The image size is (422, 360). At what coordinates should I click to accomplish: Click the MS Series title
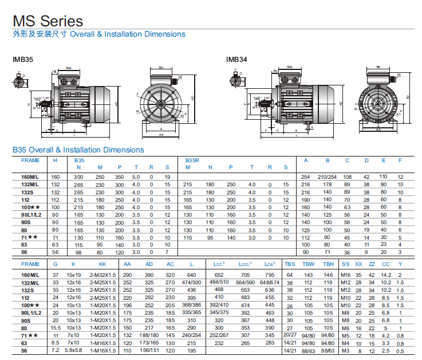pyautogui.click(x=48, y=21)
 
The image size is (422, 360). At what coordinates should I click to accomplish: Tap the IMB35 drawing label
pyautogui.click(x=23, y=59)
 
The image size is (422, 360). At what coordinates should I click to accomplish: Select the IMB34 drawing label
pyautogui.click(x=236, y=59)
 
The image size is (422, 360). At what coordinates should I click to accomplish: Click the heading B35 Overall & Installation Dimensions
pyautogui.click(x=78, y=150)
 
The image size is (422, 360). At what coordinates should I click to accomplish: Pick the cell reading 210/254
pyautogui.click(x=327, y=177)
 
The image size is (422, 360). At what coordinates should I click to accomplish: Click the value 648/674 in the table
pyautogui.click(x=270, y=283)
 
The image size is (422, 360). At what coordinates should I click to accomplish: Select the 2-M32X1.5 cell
pyautogui.click(x=102, y=275)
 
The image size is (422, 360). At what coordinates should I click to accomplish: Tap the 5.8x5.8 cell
pyautogui.click(x=73, y=350)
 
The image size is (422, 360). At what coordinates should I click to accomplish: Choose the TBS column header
pyautogui.click(x=290, y=264)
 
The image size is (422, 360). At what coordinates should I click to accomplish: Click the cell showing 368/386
pyautogui.click(x=191, y=306)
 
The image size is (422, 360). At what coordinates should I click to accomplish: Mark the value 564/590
pyautogui.click(x=246, y=283)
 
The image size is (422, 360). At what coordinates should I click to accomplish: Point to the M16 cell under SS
pyautogui.click(x=345, y=275)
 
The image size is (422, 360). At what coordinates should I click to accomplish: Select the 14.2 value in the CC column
pyautogui.click(x=386, y=275)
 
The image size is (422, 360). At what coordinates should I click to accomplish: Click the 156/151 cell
pyautogui.click(x=149, y=350)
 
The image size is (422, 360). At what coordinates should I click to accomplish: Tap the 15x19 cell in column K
pyautogui.click(x=73, y=275)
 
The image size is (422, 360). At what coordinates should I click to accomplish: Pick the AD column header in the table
pyautogui.click(x=149, y=264)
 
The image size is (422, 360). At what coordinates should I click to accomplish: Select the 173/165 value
pyautogui.click(x=149, y=343)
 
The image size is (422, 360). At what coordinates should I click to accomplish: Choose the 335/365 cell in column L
pyautogui.click(x=191, y=313)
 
